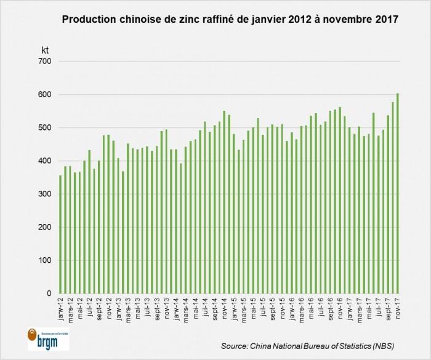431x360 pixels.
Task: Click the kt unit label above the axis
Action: pos(45,47)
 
